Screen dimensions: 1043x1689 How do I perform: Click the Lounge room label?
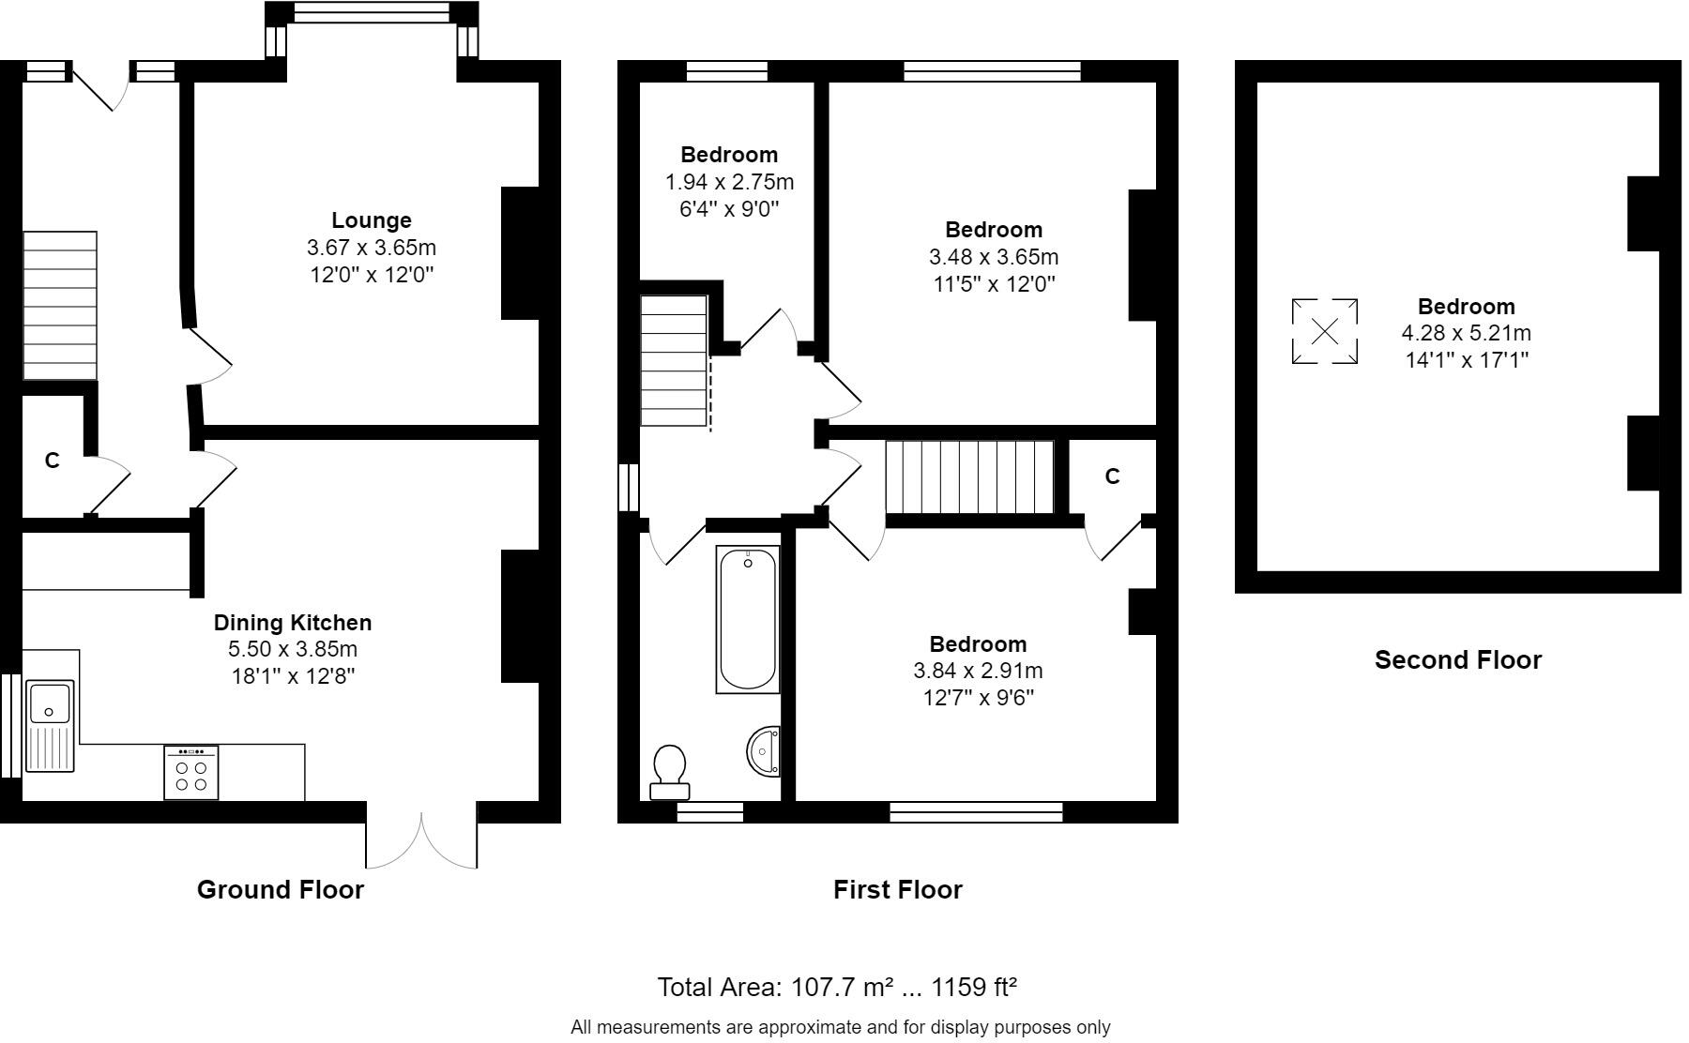pos(372,220)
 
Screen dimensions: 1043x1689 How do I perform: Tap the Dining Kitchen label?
pos(293,623)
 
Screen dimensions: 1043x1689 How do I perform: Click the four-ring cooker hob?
pos(191,773)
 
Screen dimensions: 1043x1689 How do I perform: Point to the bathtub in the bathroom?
pos(748,620)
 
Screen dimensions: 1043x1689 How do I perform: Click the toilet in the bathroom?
pos(670,772)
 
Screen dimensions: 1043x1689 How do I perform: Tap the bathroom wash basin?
pos(765,751)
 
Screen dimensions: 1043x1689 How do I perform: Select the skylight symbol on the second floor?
pos(1324,331)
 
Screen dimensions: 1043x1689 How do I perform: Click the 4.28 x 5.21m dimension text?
pos(1466,333)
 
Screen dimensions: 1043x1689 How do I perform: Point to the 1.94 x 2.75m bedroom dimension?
pos(729,182)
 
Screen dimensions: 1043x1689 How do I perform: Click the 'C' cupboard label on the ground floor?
pos(53,461)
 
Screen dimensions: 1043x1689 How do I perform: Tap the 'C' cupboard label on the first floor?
pos(1112,476)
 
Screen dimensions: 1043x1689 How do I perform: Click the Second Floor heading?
pos(1457,660)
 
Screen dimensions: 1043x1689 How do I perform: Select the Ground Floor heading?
pos(280,890)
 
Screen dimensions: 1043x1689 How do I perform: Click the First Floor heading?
pos(897,890)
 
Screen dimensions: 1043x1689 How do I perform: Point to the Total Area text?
pos(837,988)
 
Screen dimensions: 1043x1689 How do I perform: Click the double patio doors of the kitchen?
pos(421,839)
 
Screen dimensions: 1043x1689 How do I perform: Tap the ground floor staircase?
pos(60,306)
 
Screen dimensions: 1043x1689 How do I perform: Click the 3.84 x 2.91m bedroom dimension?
pos(978,672)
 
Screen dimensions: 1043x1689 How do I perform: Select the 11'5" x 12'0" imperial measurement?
pos(994,284)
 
